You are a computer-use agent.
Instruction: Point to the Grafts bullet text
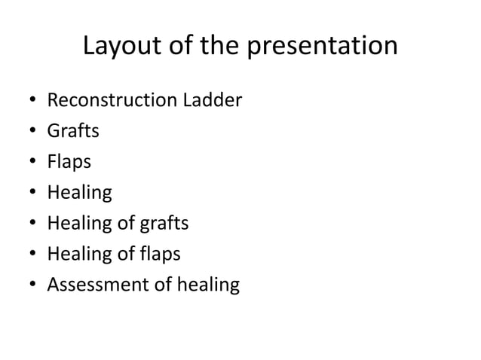pyautogui.click(x=73, y=131)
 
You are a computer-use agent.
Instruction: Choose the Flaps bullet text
pyautogui.click(x=70, y=162)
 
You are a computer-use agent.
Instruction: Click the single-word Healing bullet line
pyautogui.click(x=80, y=193)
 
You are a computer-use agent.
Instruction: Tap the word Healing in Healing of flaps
pyautogui.click(x=80, y=255)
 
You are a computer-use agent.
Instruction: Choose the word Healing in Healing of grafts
pyautogui.click(x=80, y=224)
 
